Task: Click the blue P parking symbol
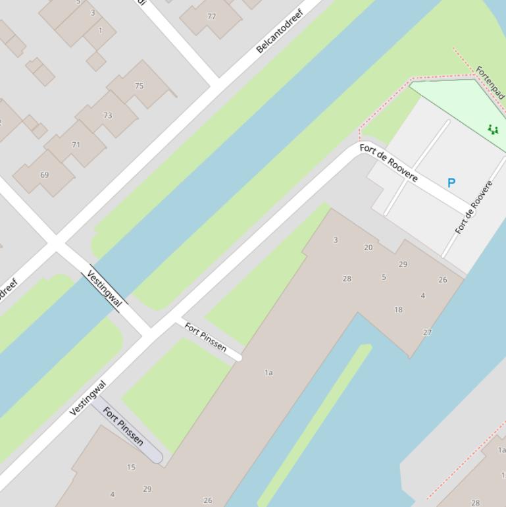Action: [451, 183]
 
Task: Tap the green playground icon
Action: [492, 130]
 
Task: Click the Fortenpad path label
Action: [491, 82]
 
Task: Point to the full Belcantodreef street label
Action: [280, 31]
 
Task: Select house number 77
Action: [211, 16]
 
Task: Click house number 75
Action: [139, 86]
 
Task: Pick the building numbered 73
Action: [107, 115]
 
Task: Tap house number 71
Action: [76, 145]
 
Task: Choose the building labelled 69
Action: [44, 175]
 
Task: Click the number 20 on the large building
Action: [368, 248]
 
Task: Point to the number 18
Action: [398, 309]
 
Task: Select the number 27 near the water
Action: [427, 333]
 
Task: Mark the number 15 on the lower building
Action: [131, 467]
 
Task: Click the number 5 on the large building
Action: [384, 277]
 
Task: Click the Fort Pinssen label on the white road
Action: [205, 337]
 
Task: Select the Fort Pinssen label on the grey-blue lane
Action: [124, 427]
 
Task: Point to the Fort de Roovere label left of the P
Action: [388, 163]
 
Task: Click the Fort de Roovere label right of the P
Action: [474, 207]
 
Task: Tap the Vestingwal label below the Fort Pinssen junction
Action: [88, 398]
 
